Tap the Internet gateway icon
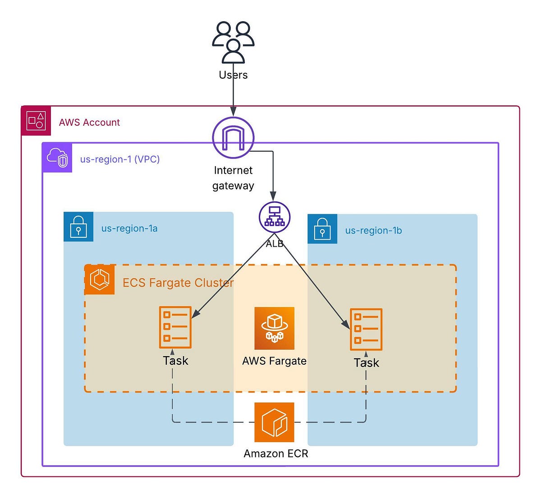coord(233,138)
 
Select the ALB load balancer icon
coord(275,217)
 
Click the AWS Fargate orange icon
coord(274,328)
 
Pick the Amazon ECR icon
coord(274,422)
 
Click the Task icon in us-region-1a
coord(175,327)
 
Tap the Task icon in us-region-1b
coord(366,329)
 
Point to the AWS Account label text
coord(89,122)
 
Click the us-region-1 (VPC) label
coord(120,159)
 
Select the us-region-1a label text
coord(129,228)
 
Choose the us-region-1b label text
coord(373,231)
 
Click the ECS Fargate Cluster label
coord(178,283)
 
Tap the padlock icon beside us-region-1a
coord(78,226)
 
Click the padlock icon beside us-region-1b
coord(322,229)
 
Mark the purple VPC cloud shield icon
coord(57,158)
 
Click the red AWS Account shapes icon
coord(36,121)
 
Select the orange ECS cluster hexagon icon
coord(100,280)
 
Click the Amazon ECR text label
coord(276,453)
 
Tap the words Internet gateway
coord(233,178)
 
